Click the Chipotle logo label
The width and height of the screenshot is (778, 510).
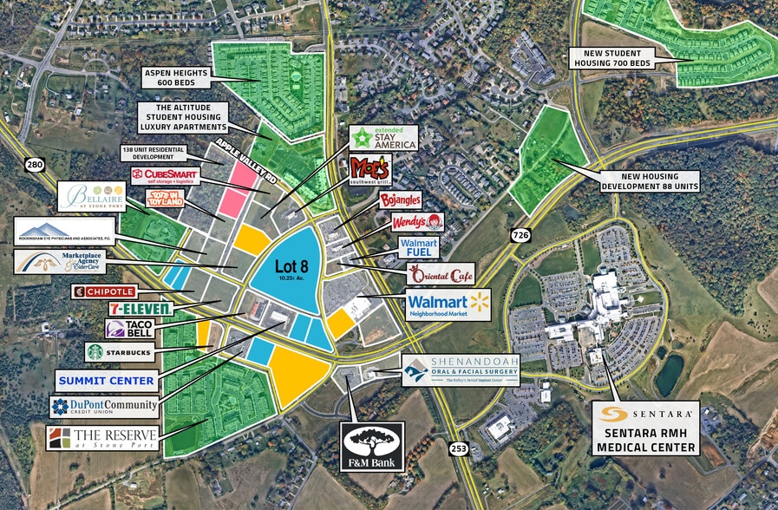coord(104,291)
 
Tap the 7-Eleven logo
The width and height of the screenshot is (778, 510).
coord(140,308)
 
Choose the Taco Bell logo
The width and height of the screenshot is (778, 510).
coord(129,329)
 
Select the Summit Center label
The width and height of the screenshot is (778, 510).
coord(107,380)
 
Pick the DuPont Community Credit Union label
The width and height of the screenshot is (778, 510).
coord(104,406)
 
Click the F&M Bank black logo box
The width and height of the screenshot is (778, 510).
coord(372,447)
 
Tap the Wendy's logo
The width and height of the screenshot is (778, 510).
coord(418,224)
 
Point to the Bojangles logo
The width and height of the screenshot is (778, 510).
coord(400,201)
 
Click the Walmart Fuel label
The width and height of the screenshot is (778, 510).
coord(419,248)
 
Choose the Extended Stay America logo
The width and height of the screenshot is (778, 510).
coord(383,138)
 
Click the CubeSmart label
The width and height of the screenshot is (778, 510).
coord(166,176)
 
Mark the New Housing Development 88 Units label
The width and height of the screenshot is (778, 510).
coord(649,180)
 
